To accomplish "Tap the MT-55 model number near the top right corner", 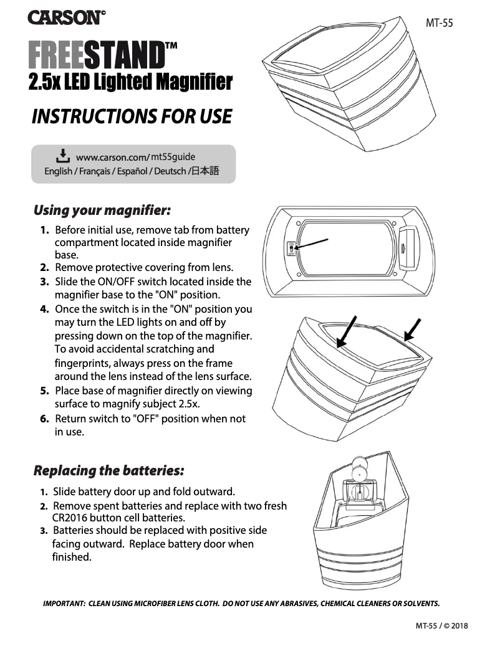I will (x=439, y=24).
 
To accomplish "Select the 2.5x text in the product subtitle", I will (x=44, y=82).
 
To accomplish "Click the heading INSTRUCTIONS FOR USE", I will (x=132, y=116).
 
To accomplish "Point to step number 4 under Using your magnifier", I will (x=44, y=310).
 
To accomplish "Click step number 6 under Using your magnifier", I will (x=44, y=419).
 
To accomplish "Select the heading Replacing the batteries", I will (x=108, y=469).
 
